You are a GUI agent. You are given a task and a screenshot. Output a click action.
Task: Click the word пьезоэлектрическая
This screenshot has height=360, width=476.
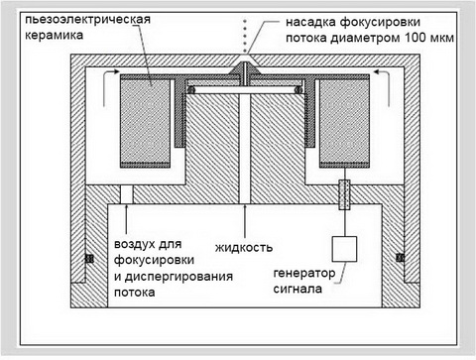(87, 19)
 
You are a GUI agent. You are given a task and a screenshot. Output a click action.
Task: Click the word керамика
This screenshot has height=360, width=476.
(54, 35)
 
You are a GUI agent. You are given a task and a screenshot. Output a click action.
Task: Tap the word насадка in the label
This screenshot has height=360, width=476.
(310, 22)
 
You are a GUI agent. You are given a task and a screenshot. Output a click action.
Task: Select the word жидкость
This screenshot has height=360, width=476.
(244, 247)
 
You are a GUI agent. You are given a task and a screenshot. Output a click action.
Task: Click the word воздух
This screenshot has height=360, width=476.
(136, 245)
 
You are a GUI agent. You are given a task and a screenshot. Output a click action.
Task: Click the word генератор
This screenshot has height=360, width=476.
(304, 274)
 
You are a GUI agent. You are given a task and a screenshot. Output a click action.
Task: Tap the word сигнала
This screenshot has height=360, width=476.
(297, 289)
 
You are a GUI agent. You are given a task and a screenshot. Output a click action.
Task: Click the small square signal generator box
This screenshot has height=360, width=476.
(344, 249)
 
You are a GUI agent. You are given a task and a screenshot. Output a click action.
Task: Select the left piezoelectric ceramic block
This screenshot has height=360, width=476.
(145, 121)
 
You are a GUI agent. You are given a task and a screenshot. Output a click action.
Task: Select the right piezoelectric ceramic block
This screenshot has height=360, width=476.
(344, 121)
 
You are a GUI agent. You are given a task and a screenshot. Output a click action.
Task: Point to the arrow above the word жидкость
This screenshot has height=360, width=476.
(245, 221)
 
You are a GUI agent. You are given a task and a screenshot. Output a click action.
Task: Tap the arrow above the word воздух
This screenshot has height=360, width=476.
(126, 221)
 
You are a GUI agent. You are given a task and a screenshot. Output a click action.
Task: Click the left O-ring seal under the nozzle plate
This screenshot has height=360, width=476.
(190, 89)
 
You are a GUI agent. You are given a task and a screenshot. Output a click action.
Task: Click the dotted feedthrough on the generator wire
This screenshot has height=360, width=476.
(344, 195)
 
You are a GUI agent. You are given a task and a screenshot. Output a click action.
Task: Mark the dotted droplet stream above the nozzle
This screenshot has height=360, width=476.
(245, 36)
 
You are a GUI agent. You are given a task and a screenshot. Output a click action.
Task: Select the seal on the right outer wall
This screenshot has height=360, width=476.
(401, 257)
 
